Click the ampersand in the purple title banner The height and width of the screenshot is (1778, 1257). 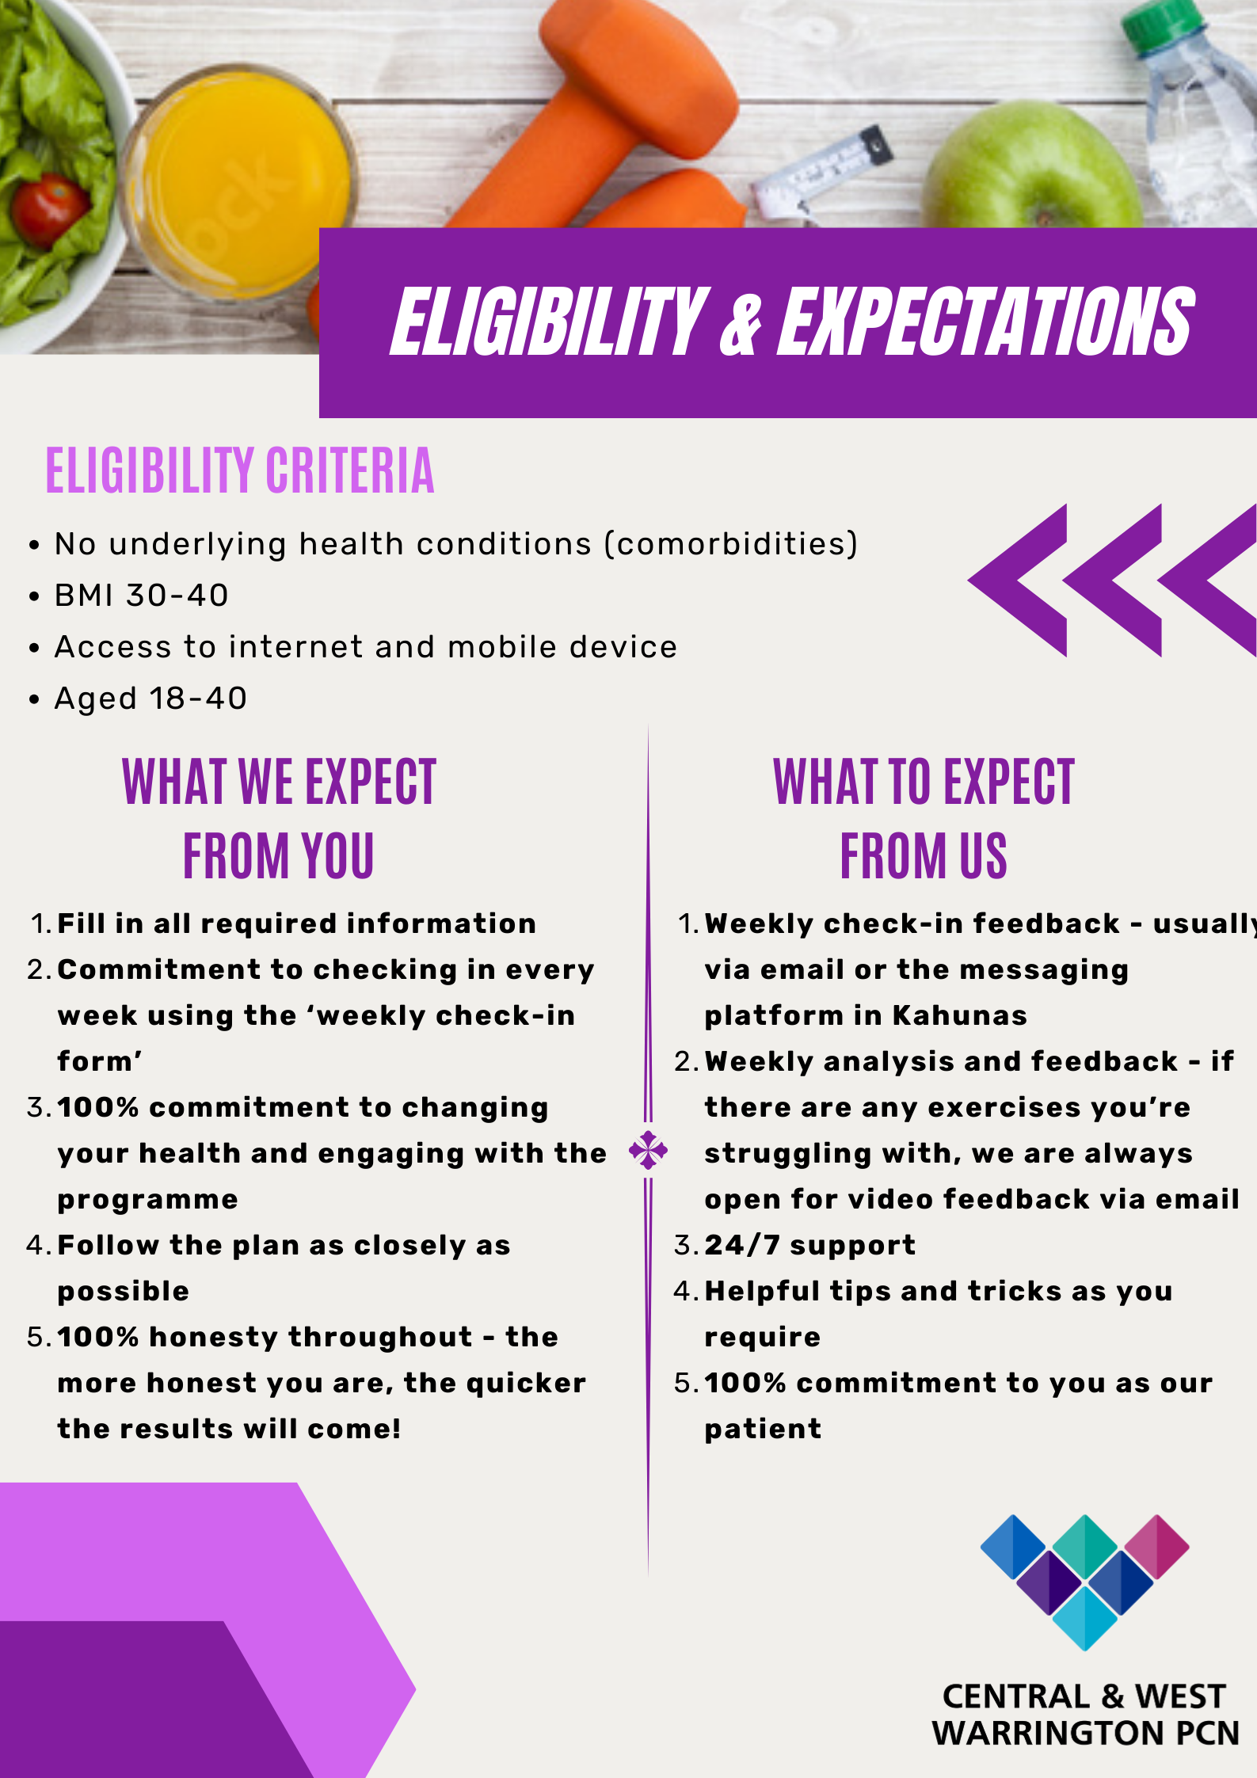tap(741, 322)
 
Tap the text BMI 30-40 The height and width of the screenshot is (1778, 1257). tap(141, 596)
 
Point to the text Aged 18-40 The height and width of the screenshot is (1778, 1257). tap(150, 699)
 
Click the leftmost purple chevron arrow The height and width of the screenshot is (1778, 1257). tap(1018, 581)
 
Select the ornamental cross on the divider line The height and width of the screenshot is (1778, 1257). tap(648, 1150)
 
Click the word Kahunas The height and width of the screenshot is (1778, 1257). tap(959, 1015)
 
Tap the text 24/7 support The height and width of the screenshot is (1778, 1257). tap(809, 1245)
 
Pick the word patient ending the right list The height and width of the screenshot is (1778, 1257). tap(763, 1430)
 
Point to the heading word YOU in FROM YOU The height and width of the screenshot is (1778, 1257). tap(337, 856)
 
